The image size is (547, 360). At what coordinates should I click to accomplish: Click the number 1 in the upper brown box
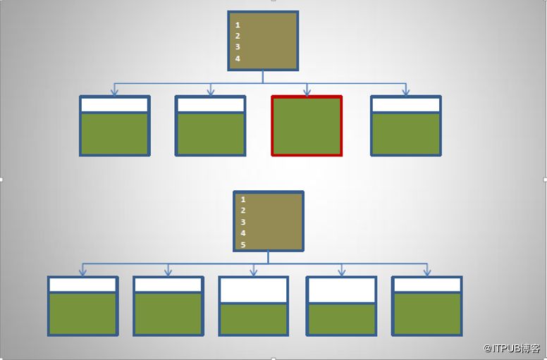point(238,25)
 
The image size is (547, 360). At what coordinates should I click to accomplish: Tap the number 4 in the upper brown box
point(238,58)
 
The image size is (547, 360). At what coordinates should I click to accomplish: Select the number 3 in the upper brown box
point(238,46)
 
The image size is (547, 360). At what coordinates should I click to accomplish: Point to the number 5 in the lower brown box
point(243,244)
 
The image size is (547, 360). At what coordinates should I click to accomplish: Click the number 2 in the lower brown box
point(243,211)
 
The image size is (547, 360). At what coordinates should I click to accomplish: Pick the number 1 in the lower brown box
point(243,199)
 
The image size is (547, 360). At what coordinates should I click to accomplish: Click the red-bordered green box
point(307,126)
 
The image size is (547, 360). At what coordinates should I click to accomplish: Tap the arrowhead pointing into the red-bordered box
point(307,92)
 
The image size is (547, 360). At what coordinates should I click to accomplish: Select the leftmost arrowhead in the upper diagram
point(114,92)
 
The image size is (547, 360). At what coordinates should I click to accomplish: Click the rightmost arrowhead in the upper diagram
point(405,92)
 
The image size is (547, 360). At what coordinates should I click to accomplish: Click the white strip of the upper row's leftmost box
point(115,105)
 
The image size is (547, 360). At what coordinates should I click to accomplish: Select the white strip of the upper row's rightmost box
point(406,105)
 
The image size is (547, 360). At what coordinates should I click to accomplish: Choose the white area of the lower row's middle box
point(254,290)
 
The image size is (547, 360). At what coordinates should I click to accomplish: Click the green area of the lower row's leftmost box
point(82,314)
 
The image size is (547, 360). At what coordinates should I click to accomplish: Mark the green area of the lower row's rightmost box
point(427,314)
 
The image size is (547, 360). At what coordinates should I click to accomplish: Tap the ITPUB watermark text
point(512,348)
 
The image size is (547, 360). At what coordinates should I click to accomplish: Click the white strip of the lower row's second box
point(168,285)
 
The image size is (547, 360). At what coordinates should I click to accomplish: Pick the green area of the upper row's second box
point(210,133)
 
